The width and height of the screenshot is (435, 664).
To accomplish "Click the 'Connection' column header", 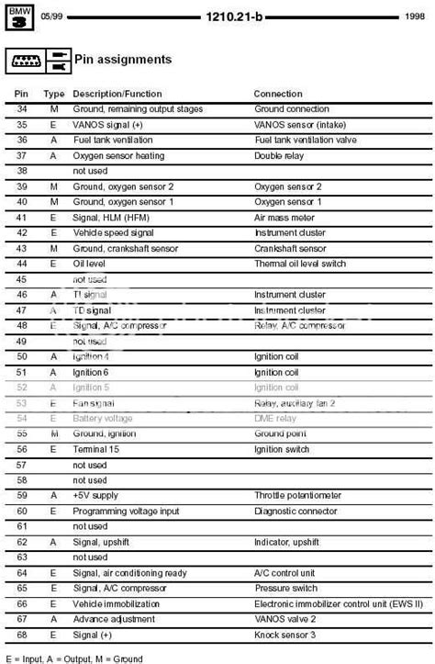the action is tap(277, 94).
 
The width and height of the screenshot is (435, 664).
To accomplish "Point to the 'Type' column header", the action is tap(54, 94).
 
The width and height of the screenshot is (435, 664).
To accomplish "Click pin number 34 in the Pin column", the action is tap(22, 109).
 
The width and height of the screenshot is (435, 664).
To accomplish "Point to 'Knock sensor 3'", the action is tap(285, 635).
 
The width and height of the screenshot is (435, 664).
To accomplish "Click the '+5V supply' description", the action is tap(96, 495).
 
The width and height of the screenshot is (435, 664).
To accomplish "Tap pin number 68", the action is tap(22, 635).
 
